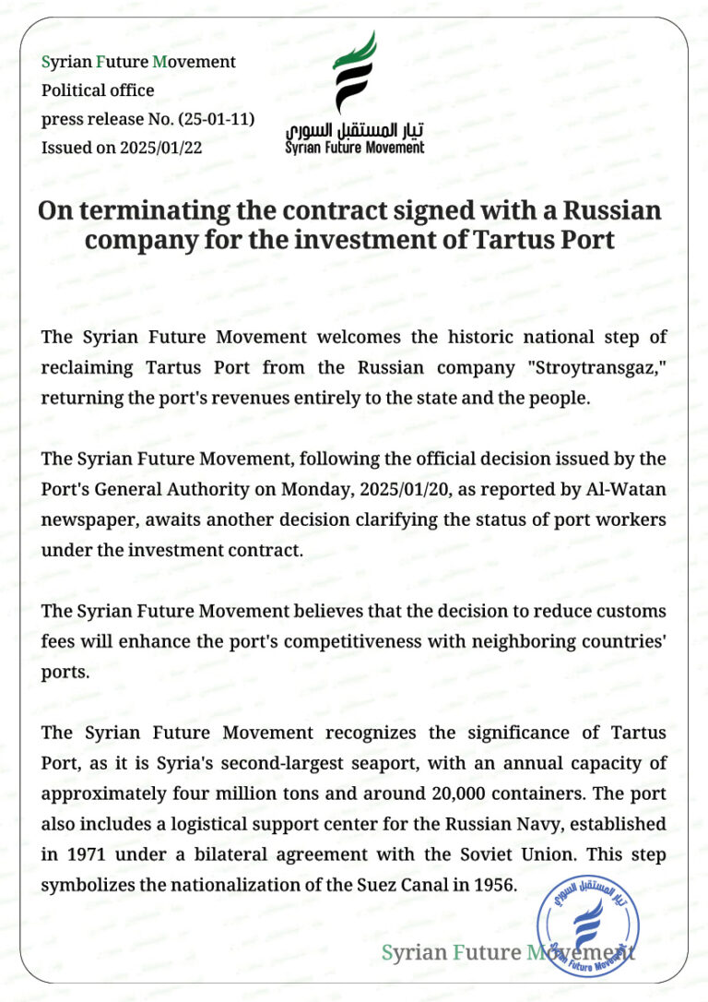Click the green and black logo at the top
354,74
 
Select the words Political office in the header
98,90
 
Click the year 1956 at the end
492,884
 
